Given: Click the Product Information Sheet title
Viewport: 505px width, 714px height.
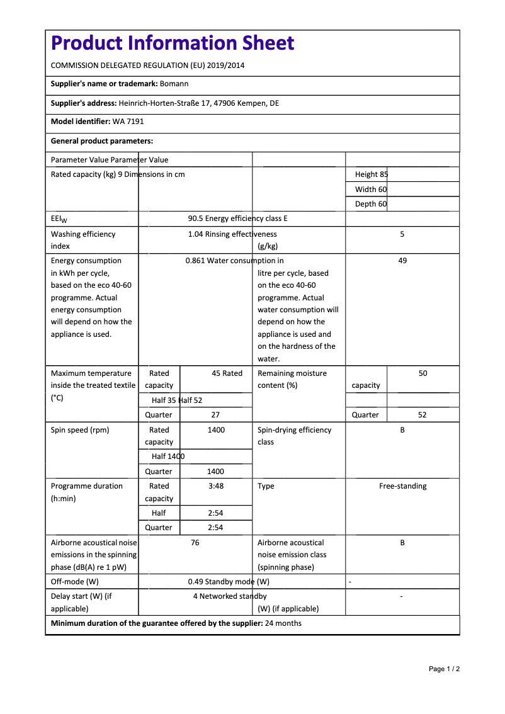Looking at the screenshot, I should [x=173, y=43].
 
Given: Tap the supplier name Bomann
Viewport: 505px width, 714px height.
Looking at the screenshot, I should [x=174, y=84].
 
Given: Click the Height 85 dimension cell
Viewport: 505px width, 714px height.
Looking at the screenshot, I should [x=372, y=174].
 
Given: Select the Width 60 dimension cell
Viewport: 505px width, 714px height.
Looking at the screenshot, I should [x=371, y=190].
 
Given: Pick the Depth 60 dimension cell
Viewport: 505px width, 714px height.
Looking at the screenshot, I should [x=371, y=204].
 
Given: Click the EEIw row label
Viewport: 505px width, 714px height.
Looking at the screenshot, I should [x=59, y=219].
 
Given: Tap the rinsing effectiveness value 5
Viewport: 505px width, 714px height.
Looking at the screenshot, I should [x=402, y=234].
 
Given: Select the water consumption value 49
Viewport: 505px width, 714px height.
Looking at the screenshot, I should [x=402, y=261].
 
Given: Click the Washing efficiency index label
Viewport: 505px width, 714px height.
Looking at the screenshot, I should [x=83, y=240].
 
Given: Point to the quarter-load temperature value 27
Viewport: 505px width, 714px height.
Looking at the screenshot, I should [x=215, y=415].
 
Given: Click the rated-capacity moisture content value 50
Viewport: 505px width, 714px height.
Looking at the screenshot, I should [x=423, y=373].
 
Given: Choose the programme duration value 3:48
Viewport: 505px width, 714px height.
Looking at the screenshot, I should [x=215, y=486].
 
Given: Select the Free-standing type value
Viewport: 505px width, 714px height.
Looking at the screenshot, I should [x=402, y=486].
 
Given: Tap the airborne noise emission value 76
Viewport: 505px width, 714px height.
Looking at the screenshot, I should [x=195, y=543].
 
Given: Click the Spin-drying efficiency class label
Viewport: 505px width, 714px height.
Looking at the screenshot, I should [x=294, y=436].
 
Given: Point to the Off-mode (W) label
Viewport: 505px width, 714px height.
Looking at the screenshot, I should [x=75, y=582].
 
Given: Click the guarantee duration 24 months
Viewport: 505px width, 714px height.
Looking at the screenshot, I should [x=283, y=624].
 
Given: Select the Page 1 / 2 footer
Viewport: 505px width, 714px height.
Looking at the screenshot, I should [x=444, y=669].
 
